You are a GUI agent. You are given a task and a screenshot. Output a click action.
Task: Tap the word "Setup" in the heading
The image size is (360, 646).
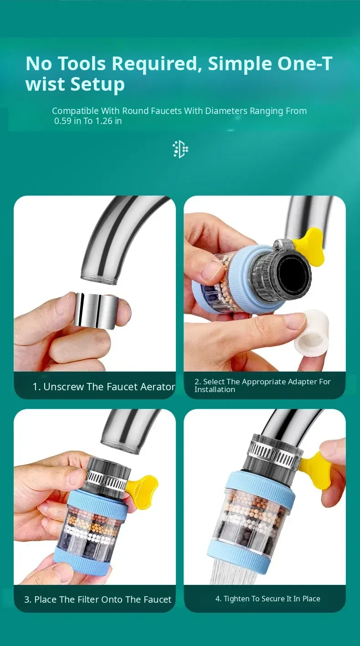coord(98,84)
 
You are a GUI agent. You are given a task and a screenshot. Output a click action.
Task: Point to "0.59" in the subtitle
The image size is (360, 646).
coord(63,121)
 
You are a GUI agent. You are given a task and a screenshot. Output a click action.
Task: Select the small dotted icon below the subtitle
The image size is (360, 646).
coord(180,149)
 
